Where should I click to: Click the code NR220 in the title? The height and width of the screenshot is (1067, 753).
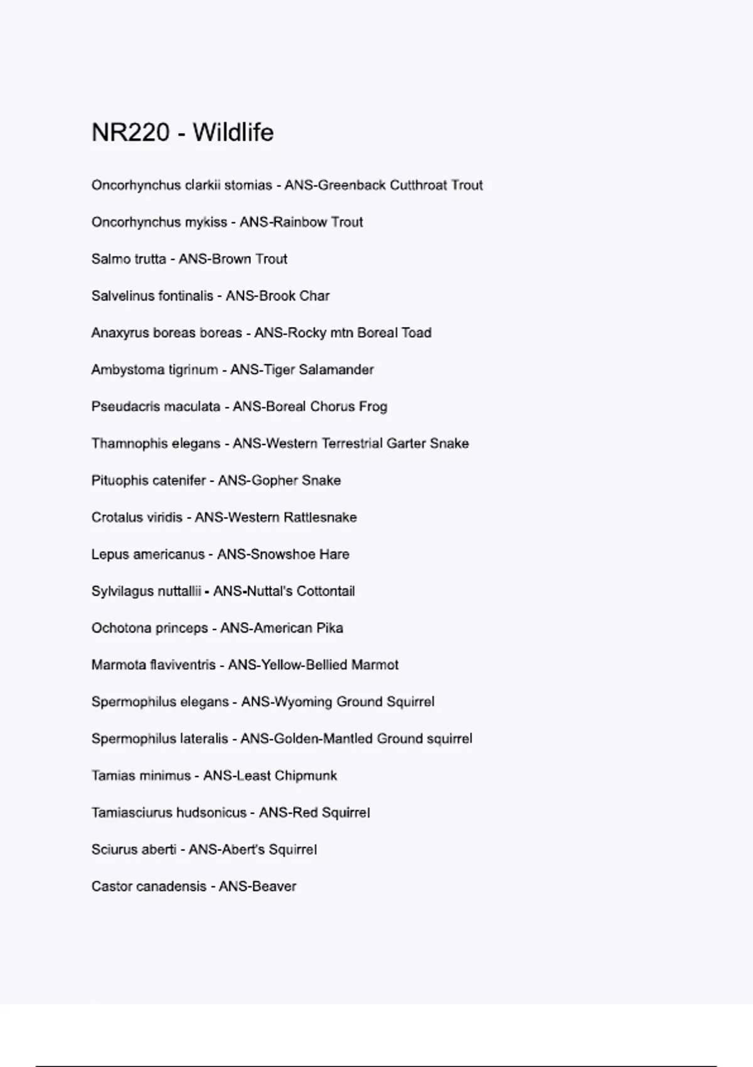coord(131,132)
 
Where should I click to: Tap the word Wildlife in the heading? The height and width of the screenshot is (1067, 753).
coord(233,132)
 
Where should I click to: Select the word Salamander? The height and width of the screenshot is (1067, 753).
coord(336,370)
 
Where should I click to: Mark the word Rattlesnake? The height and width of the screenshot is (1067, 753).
coord(320,518)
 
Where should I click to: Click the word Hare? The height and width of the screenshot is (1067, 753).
coord(334,554)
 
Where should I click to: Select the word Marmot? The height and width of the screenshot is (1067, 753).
coord(375,665)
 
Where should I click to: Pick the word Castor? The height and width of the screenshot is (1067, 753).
coord(110,886)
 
